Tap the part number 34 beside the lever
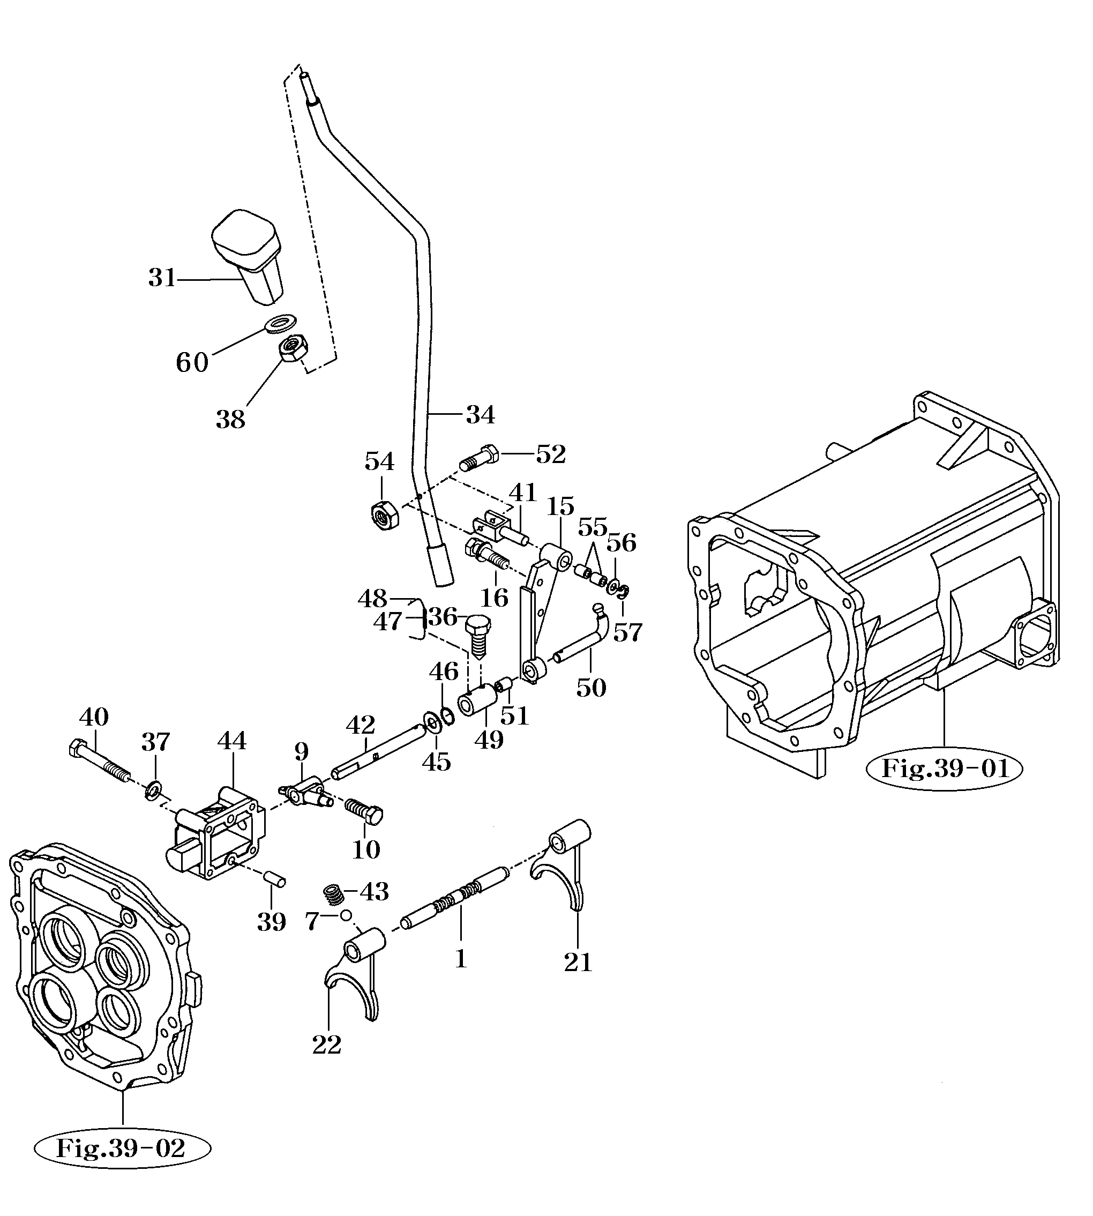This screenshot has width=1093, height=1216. (x=481, y=415)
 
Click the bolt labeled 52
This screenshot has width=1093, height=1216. (x=479, y=458)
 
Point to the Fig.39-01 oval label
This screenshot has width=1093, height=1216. (x=945, y=769)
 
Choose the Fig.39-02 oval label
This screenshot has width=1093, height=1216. (x=123, y=1148)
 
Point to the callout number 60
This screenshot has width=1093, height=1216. (x=192, y=363)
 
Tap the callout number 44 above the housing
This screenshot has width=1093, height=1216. (x=232, y=741)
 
